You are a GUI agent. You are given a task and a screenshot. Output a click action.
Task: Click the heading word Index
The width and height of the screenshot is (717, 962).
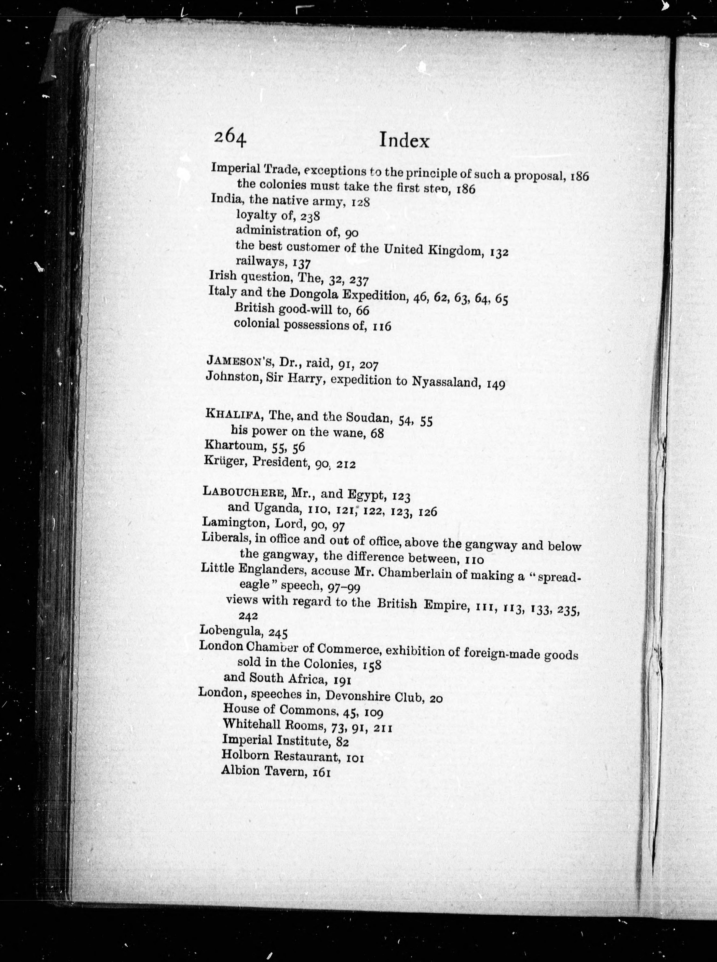[x=404, y=140]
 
